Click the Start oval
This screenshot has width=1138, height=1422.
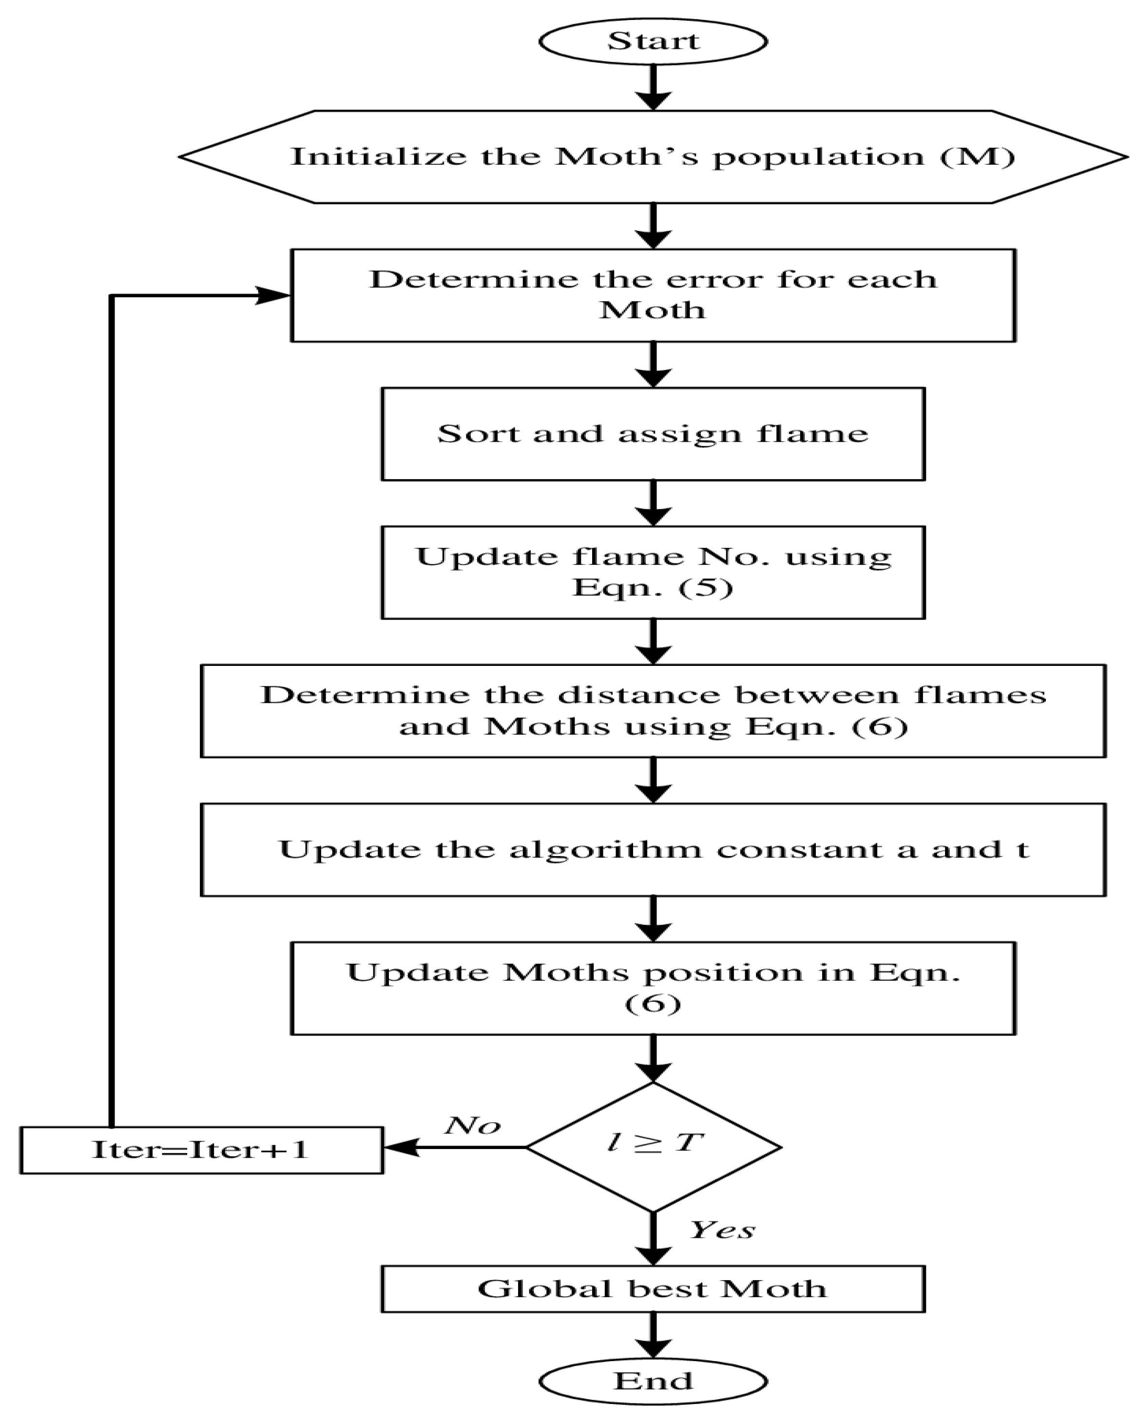[653, 41]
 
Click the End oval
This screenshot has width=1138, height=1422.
[653, 1381]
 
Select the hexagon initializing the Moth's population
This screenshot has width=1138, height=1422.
[653, 157]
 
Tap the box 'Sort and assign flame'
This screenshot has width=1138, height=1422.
[653, 434]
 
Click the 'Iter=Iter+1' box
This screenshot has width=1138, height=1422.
[201, 1149]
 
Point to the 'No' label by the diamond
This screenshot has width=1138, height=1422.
[472, 1125]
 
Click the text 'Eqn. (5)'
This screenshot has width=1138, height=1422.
[653, 587]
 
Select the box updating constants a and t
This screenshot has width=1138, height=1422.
[653, 850]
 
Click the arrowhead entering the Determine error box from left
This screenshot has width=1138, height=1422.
[271, 295]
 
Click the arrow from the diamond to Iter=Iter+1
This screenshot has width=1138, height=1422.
[455, 1148]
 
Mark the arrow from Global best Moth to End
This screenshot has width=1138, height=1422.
[653, 1335]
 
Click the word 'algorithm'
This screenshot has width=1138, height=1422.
[605, 850]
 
